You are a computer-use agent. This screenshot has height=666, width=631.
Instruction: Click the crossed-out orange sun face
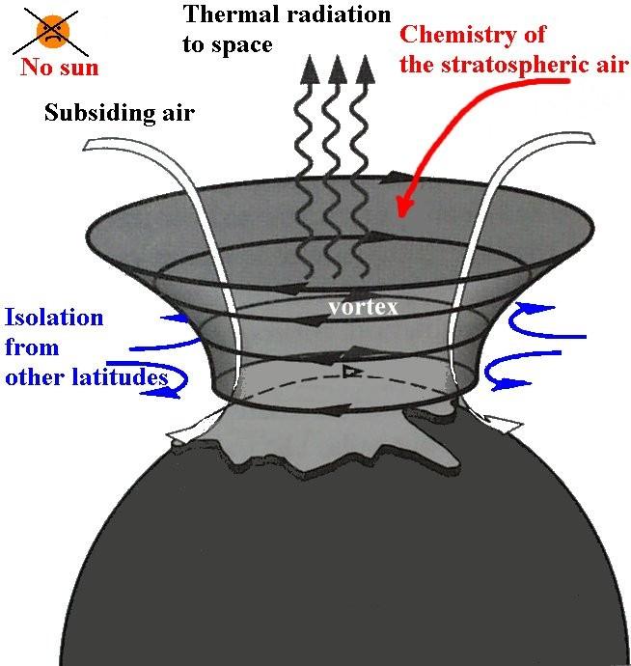coord(53,31)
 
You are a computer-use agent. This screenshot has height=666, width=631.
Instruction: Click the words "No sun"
coord(60,68)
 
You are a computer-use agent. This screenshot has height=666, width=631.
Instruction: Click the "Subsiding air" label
coord(120,113)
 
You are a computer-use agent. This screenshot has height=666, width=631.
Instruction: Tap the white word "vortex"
coord(364,307)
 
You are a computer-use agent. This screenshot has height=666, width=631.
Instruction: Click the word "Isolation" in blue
coord(54,318)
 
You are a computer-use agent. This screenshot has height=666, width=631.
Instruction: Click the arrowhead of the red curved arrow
coord(404,207)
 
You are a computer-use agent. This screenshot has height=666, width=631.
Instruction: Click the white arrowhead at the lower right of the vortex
coord(505,424)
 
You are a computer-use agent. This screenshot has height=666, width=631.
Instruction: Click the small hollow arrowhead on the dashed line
coord(352,372)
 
